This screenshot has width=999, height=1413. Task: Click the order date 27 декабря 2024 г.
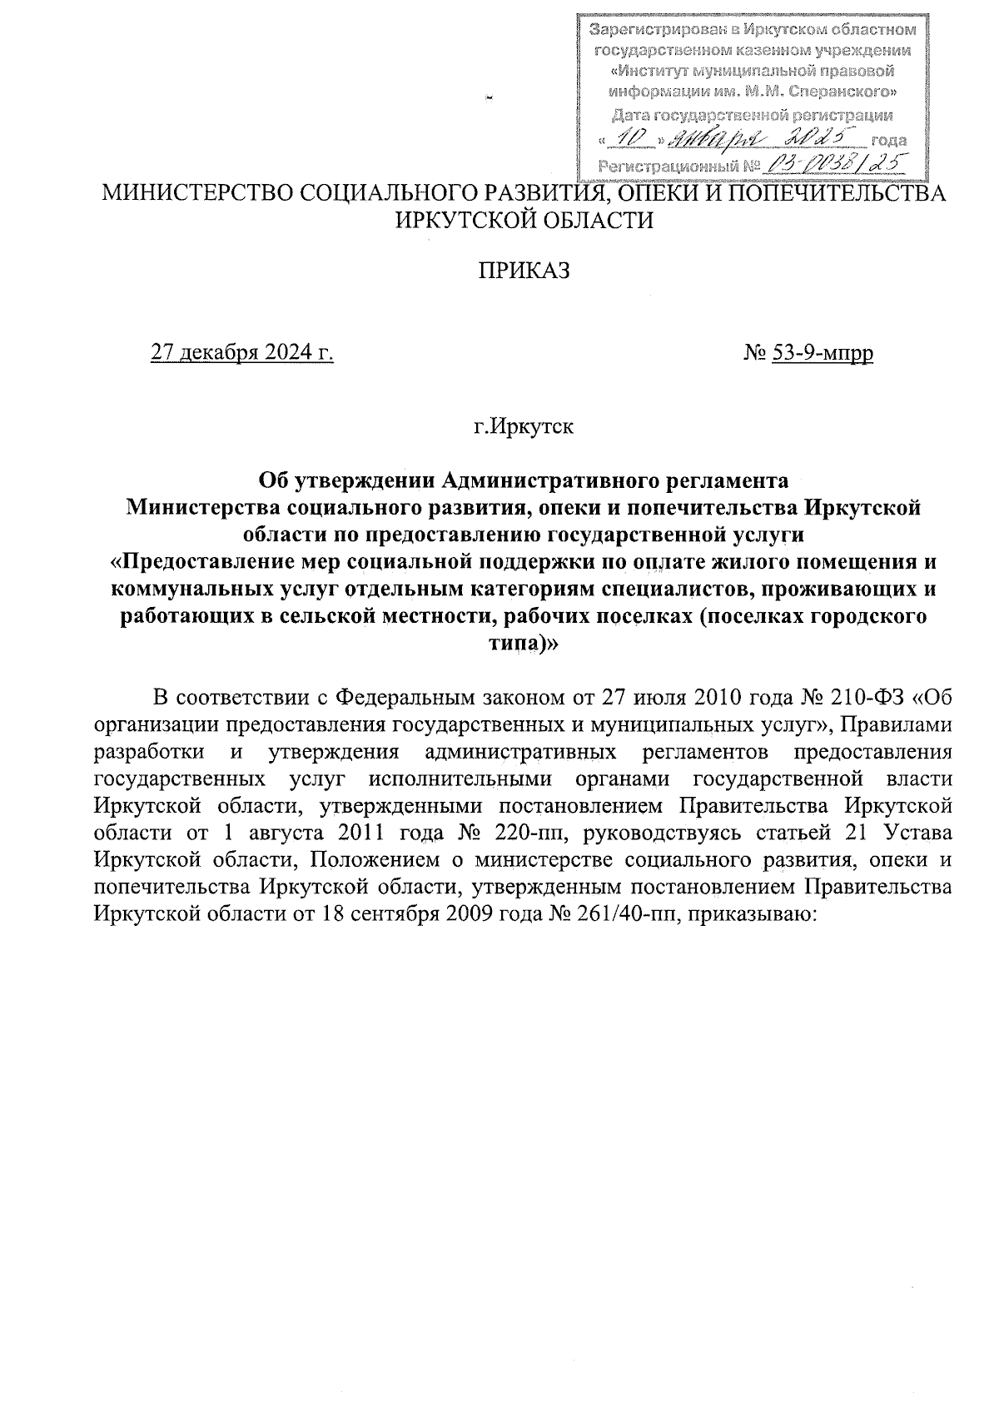point(241,354)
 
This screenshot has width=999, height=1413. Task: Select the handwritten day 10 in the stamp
point(628,137)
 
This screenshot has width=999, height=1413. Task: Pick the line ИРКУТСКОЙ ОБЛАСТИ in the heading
point(524,220)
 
